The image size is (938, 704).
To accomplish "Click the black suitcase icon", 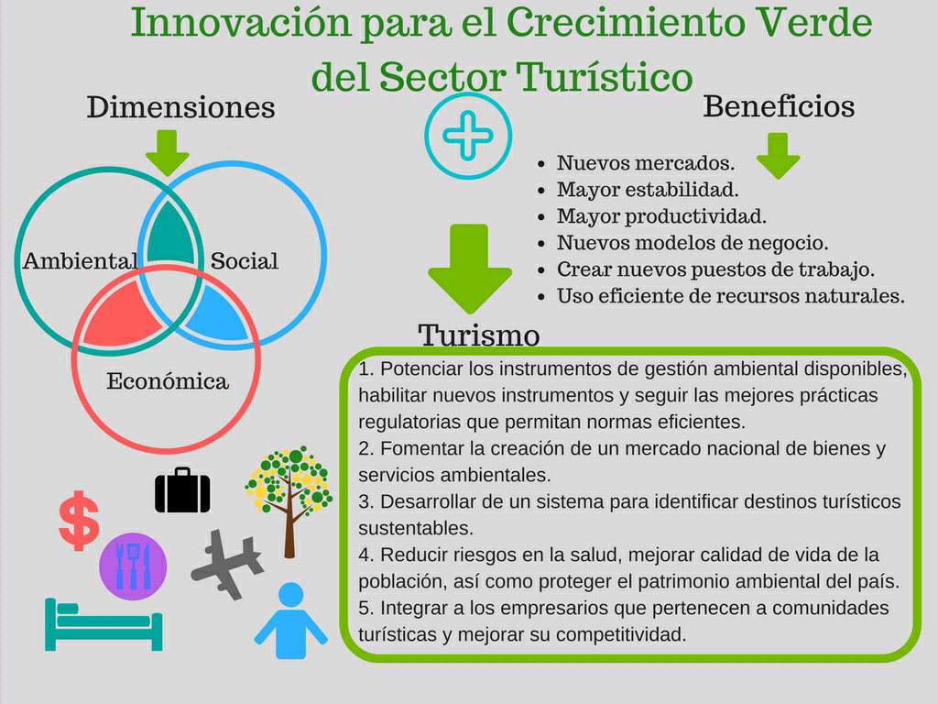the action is pyautogui.click(x=182, y=490).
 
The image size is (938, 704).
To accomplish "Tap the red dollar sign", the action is pyautogui.click(x=79, y=521).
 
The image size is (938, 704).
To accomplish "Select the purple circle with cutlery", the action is pyautogui.click(x=133, y=566).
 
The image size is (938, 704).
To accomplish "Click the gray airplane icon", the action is pyautogui.click(x=227, y=564).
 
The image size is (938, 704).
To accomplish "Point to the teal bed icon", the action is pyautogui.click(x=104, y=624).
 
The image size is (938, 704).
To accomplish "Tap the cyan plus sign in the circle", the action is pyautogui.click(x=468, y=136).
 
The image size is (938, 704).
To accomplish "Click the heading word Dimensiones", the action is pyautogui.click(x=180, y=108).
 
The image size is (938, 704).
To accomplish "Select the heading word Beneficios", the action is pyautogui.click(x=779, y=106).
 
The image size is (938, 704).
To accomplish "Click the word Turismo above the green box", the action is pyautogui.click(x=478, y=335).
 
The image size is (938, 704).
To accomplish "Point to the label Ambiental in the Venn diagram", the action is pyautogui.click(x=81, y=261).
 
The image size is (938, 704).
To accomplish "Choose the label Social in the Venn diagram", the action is pyautogui.click(x=244, y=261).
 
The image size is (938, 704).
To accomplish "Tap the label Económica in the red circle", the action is pyautogui.click(x=168, y=381).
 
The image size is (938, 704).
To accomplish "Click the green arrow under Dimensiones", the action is pyautogui.click(x=167, y=153).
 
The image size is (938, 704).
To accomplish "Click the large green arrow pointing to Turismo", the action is pyautogui.click(x=470, y=269).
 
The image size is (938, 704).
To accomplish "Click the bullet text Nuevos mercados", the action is pyautogui.click(x=646, y=163).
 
